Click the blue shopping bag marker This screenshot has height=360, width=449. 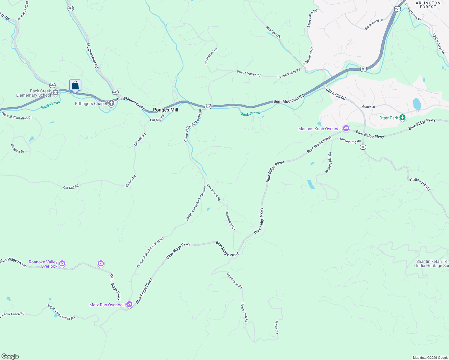pos(75,85)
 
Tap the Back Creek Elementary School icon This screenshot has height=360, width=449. pos(55,92)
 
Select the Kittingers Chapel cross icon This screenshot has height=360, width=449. pos(111,103)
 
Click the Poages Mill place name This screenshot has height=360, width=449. pos(165,110)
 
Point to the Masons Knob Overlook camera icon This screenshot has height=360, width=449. pos(346,128)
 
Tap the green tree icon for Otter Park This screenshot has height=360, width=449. pos(402,118)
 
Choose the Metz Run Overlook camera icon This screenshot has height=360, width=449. pos(129,304)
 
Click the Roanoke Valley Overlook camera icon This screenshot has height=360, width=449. pos(62,264)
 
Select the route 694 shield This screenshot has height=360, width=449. pos(53,85)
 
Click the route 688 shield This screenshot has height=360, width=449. pos(363,147)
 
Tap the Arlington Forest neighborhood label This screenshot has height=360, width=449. pos(428,5)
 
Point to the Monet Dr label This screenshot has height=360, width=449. pos(368,107)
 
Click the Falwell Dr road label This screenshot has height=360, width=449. pos(277,327)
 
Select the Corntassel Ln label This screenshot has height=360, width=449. pos(207,56)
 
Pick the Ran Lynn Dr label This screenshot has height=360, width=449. pos(273,32)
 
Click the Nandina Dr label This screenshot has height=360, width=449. pos(17,148)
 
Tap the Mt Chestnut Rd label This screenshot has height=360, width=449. pos(92,56)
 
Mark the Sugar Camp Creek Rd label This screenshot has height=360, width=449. pos(61,312)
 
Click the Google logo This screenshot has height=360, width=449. pos(10,356)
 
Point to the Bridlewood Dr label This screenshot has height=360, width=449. pos(374,24)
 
